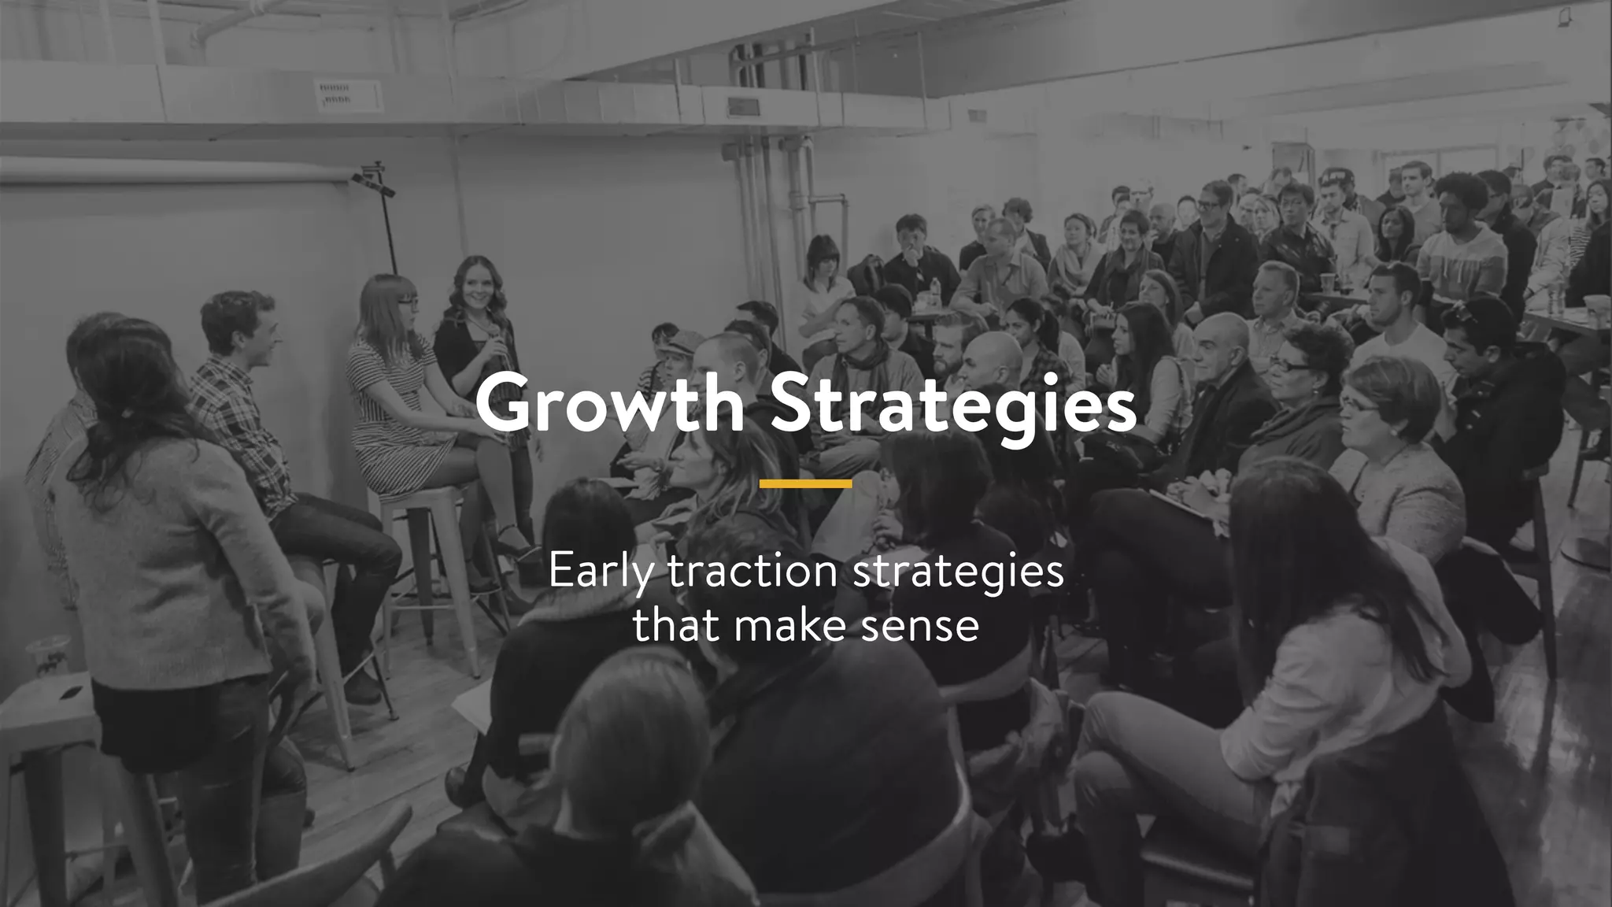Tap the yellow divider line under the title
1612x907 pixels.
805,483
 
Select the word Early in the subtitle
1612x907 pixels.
601,572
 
